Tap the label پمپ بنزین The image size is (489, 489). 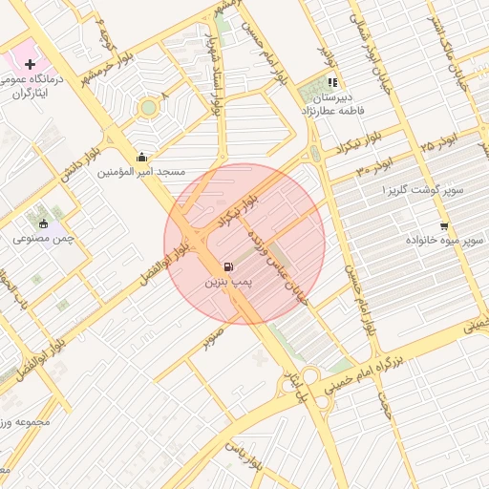click(227, 284)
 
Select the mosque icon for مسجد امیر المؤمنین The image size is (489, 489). click(142, 158)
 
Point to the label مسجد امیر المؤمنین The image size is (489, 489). click(140, 173)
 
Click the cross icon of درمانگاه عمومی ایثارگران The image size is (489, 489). click(31, 64)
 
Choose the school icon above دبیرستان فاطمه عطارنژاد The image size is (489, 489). click(332, 83)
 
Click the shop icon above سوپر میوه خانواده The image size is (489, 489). click(444, 225)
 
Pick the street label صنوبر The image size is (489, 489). click(213, 337)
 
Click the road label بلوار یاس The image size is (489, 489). click(244, 457)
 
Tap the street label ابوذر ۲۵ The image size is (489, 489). click(438, 143)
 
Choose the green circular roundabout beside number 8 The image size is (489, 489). click(148, 108)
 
